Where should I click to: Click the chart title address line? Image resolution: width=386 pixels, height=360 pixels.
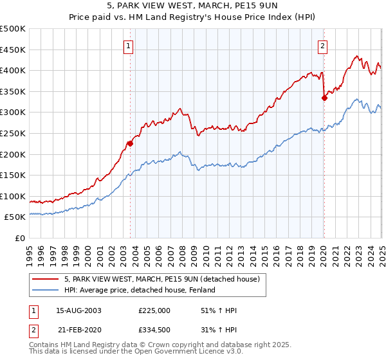coord(192,6)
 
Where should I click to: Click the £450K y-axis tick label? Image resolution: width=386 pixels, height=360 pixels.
coord(13,50)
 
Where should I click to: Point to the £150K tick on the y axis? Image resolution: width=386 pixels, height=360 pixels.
coord(13,175)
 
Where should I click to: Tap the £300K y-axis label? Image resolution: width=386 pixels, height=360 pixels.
coord(13,113)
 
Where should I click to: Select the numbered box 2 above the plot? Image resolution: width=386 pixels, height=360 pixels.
coord(322,46)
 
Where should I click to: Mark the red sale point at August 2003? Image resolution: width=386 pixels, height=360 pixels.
coord(130,143)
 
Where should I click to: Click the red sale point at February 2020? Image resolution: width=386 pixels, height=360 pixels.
coord(324,98)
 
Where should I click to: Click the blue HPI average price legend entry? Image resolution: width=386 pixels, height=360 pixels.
coord(139,291)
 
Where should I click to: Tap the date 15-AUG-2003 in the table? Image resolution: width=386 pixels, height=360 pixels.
coord(79,310)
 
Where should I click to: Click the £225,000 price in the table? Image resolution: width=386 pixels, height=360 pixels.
coord(154,310)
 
